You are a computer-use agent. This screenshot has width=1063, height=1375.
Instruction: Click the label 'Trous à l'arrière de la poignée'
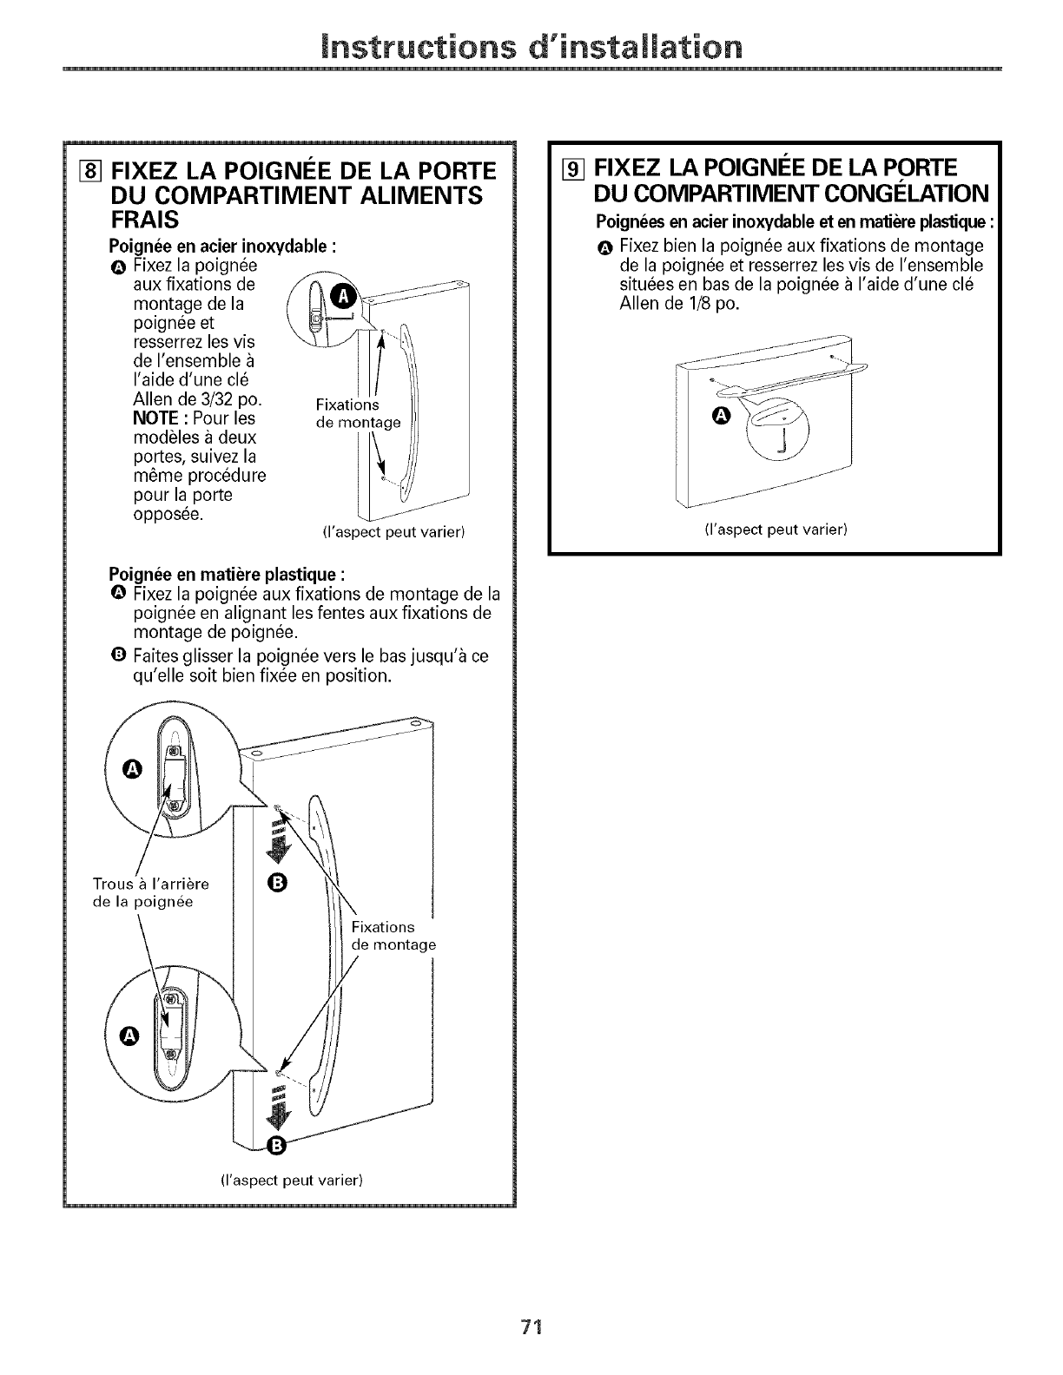pyautogui.click(x=150, y=892)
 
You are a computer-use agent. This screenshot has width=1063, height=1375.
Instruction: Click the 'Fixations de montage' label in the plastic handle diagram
pyautogui.click(x=393, y=936)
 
